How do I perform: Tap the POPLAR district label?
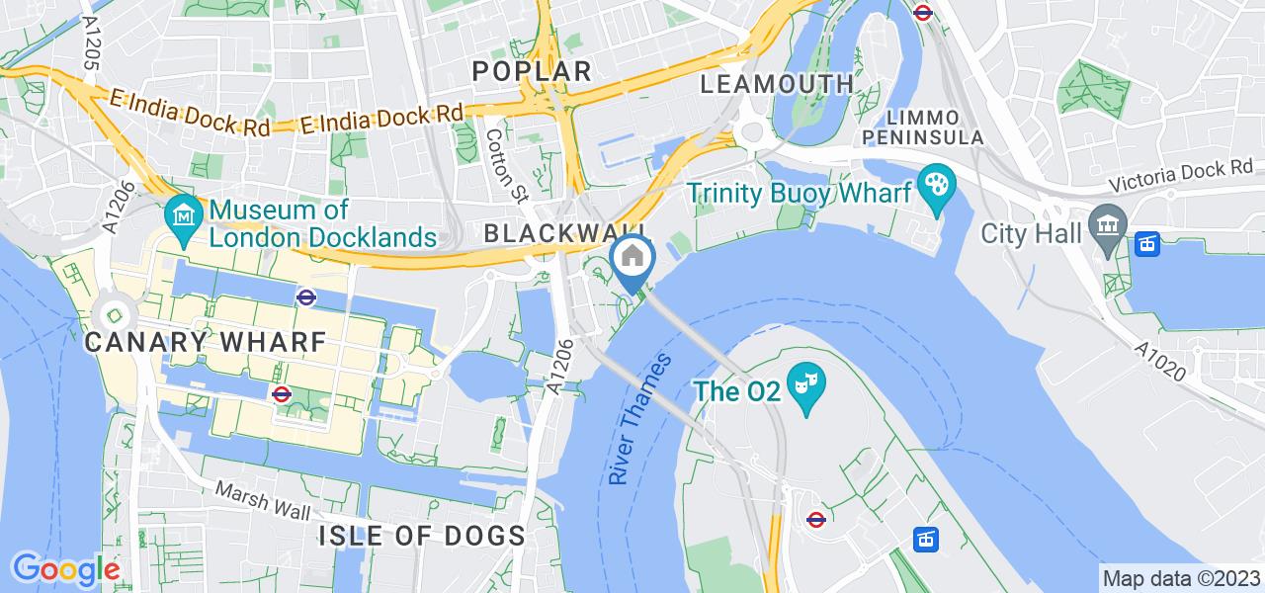[532, 70]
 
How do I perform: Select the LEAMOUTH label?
[777, 83]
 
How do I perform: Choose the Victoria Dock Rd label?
[1179, 184]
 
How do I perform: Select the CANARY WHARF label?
[206, 342]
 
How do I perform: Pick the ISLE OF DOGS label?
[422, 536]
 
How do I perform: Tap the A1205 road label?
[91, 42]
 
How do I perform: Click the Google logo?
[65, 569]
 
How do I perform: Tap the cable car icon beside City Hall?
[1146, 243]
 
